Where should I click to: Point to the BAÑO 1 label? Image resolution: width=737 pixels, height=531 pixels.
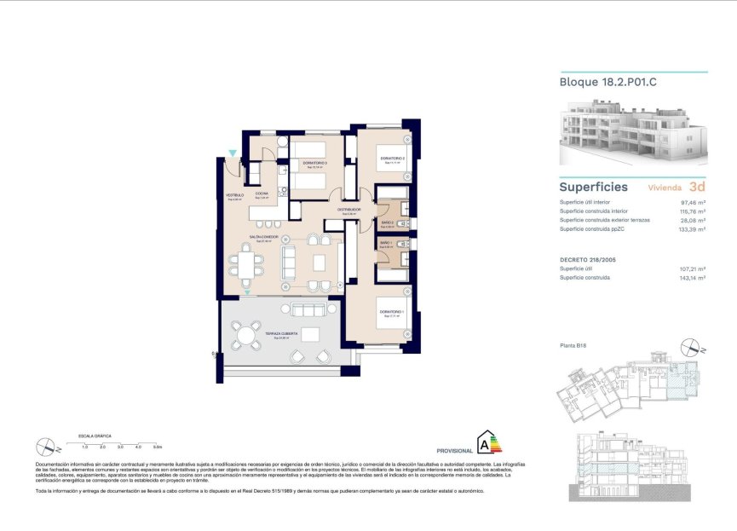coord(384,243)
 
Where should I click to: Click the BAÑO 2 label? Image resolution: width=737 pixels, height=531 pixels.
coord(386,222)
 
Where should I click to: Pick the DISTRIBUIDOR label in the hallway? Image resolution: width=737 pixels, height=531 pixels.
coord(348,209)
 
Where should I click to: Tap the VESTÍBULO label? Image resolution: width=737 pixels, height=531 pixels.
coord(234,195)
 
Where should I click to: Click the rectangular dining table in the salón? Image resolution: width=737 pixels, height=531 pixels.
coord(246,264)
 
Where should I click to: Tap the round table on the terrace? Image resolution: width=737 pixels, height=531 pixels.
coord(246,334)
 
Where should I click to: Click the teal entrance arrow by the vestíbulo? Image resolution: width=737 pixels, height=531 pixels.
coord(233,153)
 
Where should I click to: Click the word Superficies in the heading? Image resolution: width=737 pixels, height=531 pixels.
coord(593,187)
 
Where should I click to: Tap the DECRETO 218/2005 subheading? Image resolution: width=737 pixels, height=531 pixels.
coord(587,257)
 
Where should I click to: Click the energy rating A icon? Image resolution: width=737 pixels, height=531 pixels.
coord(488,442)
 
